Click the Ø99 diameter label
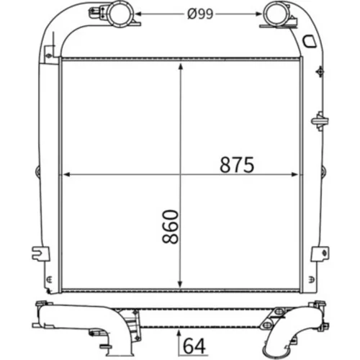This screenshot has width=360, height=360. (200, 14)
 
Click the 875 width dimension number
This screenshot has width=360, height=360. (237, 165)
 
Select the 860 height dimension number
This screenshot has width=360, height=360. (171, 227)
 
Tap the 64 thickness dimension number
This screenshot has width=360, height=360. (194, 346)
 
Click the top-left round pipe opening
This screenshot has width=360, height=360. (120, 14)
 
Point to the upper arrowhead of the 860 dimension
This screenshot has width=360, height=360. (181, 66)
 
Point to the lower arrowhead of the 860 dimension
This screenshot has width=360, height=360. (180, 284)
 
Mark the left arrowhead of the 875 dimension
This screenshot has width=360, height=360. (66, 174)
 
